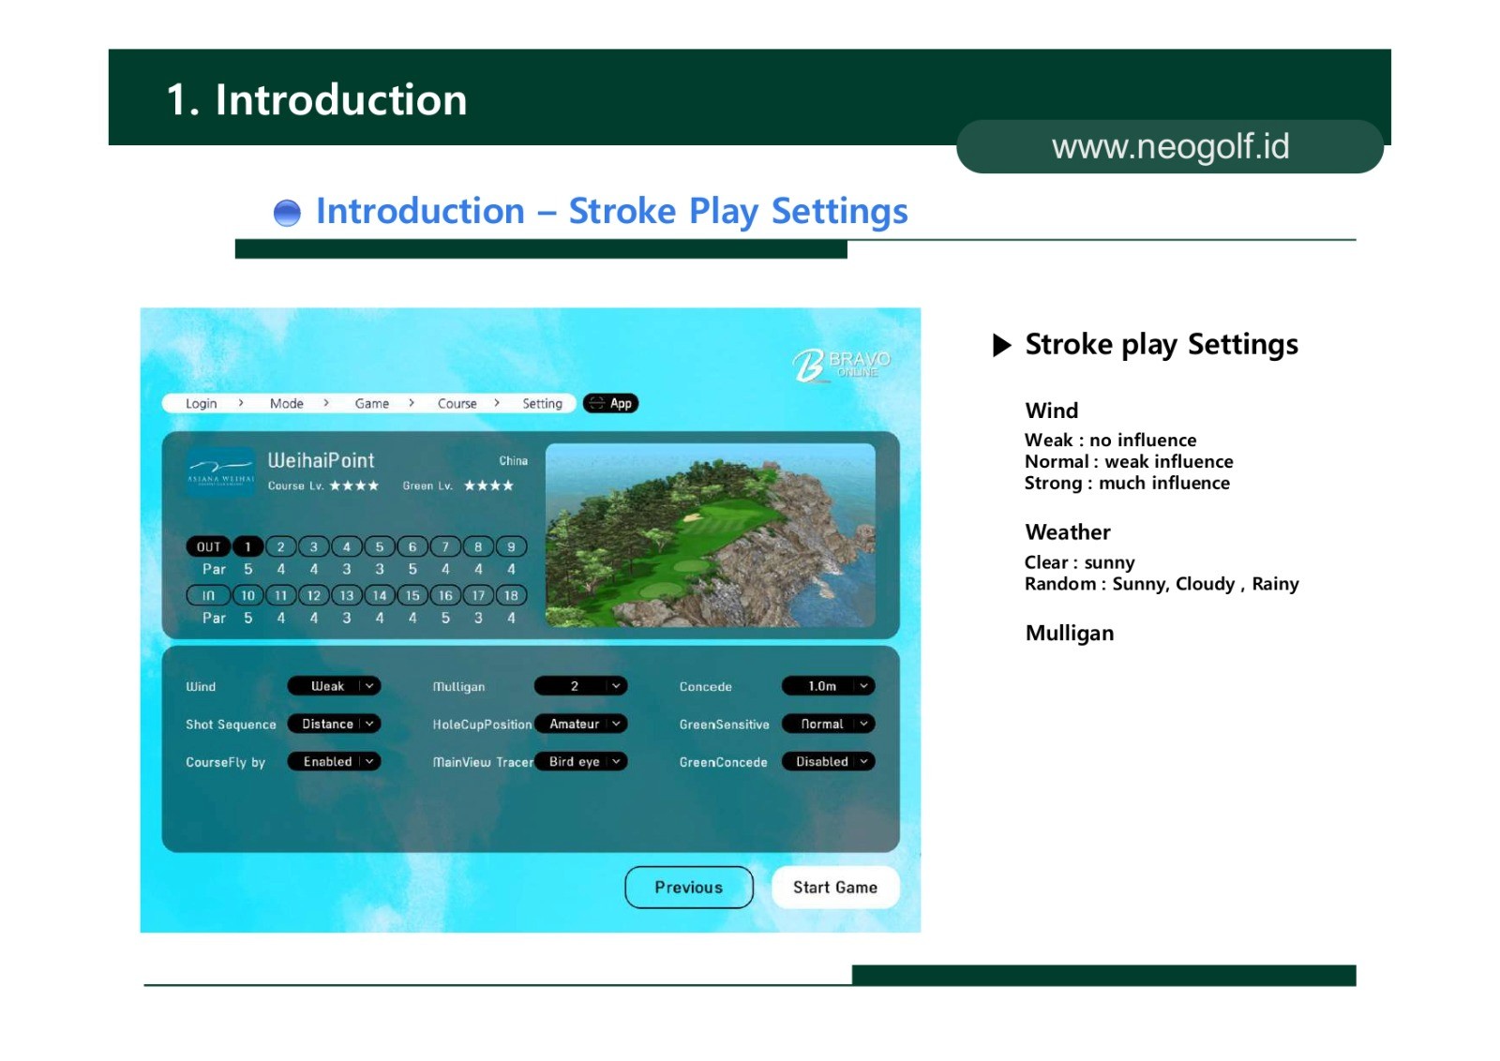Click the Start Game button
click(835, 887)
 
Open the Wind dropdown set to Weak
click(334, 686)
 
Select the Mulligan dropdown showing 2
click(580, 686)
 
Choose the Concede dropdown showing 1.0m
click(829, 686)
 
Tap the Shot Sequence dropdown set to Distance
click(334, 724)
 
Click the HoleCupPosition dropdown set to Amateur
click(580, 724)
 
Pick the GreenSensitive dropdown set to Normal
click(829, 724)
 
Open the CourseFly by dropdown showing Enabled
click(334, 761)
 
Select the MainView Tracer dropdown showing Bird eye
click(580, 761)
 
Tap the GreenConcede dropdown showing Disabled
click(829, 761)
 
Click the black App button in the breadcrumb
click(610, 403)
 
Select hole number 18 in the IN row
click(511, 595)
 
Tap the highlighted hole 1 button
click(247, 546)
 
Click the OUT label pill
click(208, 546)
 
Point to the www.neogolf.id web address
click(1170, 146)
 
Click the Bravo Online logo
click(841, 365)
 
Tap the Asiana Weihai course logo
click(220, 472)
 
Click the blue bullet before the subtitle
click(287, 213)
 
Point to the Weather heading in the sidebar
click(1068, 532)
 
